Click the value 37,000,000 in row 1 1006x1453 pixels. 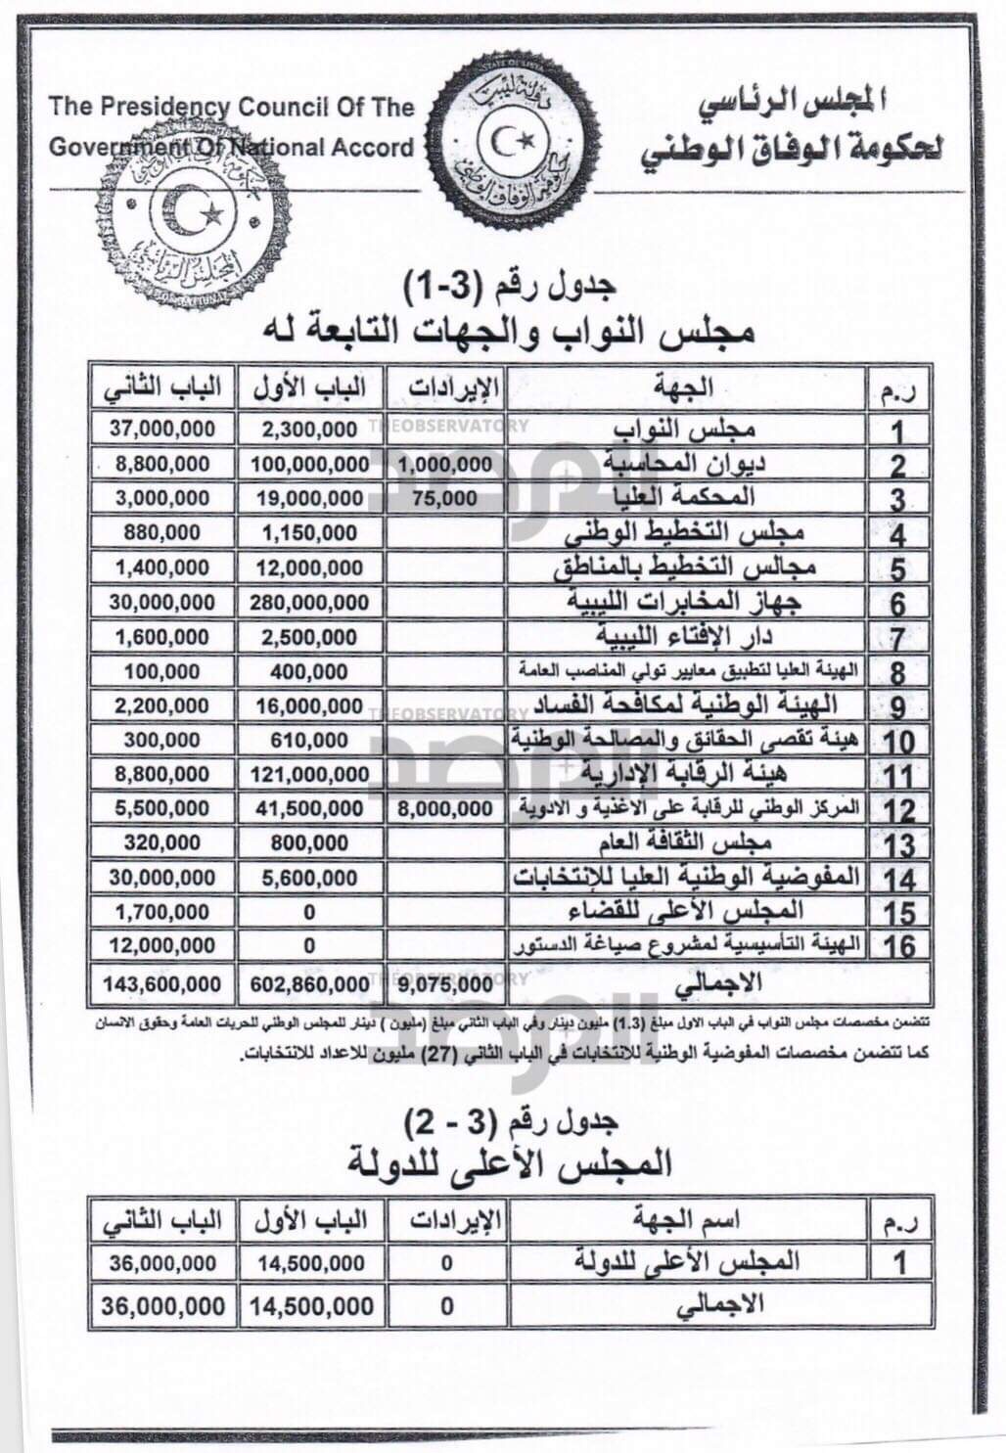pos(162,429)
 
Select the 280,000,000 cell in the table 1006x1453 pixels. pos(309,602)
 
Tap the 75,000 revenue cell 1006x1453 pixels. pos(444,498)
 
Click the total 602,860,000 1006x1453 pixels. pos(309,983)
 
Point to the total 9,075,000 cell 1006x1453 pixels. pos(446,983)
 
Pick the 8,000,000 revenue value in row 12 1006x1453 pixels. pos(446,808)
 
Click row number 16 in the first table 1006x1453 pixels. pos(898,946)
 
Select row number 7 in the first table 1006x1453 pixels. pos(898,637)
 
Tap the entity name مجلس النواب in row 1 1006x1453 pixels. pos(684,430)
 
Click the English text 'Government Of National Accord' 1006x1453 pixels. pos(232,148)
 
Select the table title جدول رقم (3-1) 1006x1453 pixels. pos(509,287)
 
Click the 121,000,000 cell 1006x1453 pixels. pos(309,774)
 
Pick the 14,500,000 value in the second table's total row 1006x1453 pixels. pos(311,1305)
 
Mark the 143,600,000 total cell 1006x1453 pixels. pos(162,983)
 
